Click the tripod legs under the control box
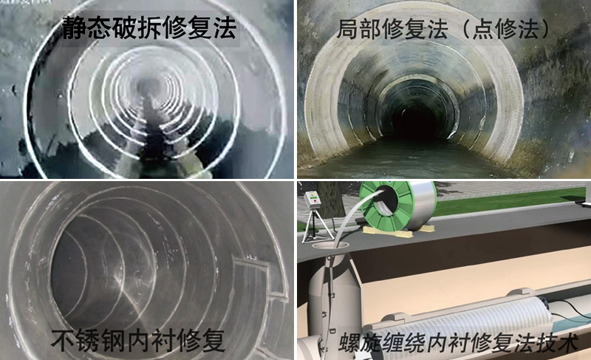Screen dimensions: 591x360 pyautogui.click(x=316, y=226)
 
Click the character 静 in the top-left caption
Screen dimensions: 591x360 pyautogui.click(x=75, y=27)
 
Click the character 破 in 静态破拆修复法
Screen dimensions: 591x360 pyautogui.click(x=124, y=27)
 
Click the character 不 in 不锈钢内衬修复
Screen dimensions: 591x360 pyautogui.click(x=63, y=340)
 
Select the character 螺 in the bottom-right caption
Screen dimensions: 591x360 pyautogui.click(x=349, y=342)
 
